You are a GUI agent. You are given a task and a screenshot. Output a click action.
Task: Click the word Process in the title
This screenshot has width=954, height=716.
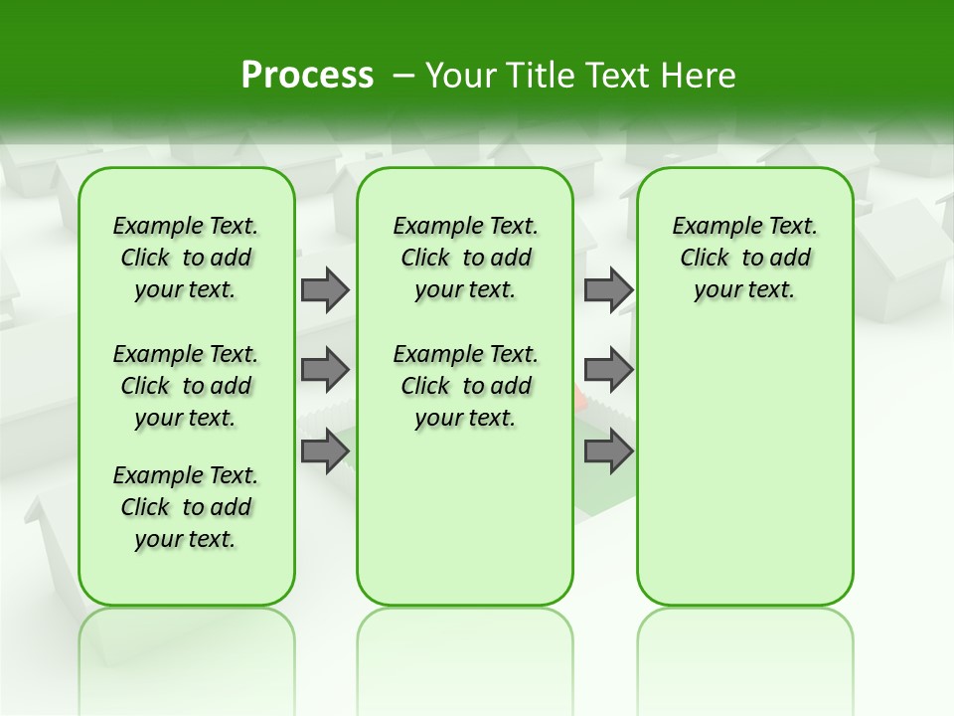307,76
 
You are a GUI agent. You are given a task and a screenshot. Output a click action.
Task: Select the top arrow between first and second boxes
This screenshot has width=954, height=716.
324,290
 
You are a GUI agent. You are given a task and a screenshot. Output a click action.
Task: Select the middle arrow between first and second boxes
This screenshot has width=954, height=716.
324,371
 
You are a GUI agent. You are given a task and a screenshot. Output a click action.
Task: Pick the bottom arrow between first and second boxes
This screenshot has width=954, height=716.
324,452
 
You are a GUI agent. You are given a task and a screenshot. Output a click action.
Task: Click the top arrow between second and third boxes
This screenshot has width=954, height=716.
608,290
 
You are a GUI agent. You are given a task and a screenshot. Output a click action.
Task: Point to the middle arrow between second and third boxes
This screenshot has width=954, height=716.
608,371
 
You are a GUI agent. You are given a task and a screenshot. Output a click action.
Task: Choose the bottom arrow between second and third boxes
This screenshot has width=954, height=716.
608,452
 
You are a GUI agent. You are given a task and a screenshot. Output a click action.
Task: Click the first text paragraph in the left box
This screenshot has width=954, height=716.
185,259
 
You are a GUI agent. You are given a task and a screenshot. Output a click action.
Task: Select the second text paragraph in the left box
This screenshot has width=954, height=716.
185,386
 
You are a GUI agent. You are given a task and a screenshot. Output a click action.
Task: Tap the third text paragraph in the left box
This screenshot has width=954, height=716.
185,507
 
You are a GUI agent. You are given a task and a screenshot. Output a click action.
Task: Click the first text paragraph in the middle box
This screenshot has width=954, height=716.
465,259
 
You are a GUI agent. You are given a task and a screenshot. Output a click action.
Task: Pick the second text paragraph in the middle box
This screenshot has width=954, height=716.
465,386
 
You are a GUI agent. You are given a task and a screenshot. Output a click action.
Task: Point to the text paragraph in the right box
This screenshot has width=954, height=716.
744,259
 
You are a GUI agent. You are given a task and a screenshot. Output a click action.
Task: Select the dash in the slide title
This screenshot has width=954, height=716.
403,76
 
